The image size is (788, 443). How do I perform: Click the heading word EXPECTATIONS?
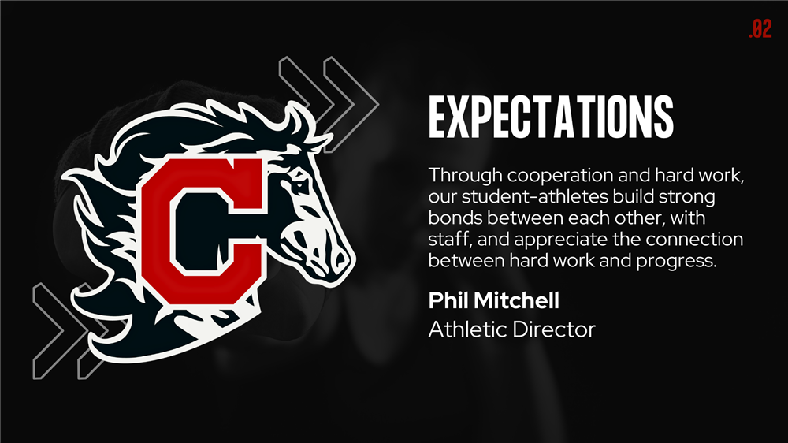point(551,117)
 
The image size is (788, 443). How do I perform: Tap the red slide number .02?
point(760,28)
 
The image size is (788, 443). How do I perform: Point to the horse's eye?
point(300,179)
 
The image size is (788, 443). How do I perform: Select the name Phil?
point(448,300)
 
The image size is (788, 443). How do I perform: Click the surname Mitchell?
point(516,300)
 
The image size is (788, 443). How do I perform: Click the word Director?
point(554,329)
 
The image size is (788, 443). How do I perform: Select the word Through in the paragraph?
point(466,177)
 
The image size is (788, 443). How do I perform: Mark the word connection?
point(694,239)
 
